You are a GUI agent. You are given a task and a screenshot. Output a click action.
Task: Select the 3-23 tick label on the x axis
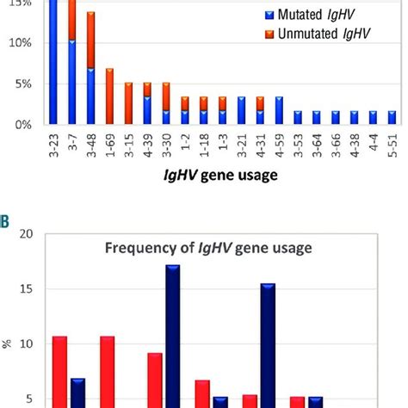point(53,151)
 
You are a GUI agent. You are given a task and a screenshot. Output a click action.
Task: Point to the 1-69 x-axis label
point(109,151)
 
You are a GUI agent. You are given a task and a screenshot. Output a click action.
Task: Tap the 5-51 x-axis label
point(392,151)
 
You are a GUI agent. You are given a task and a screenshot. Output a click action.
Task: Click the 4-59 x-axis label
point(279,151)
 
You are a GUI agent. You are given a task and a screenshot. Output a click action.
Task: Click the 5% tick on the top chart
point(23,84)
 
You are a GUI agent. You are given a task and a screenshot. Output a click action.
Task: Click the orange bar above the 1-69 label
point(109,96)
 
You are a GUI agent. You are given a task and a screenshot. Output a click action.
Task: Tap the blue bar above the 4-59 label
point(279,110)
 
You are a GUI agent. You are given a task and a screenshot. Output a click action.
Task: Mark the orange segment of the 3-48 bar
point(91,40)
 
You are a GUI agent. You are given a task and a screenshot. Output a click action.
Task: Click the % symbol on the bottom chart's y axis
point(7,343)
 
